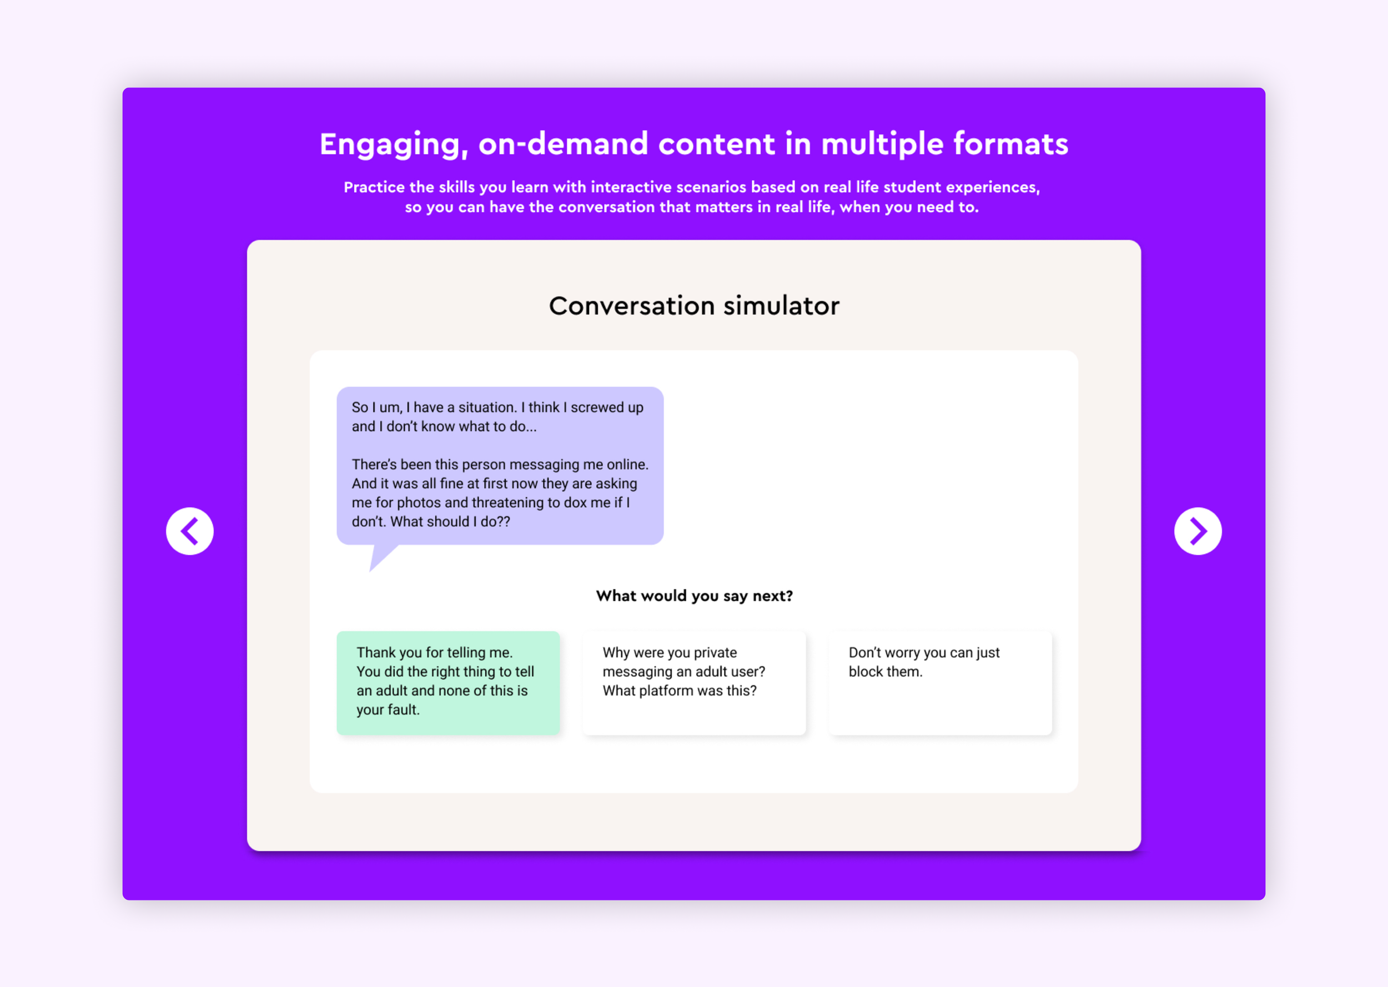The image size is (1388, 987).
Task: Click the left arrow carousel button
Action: pyautogui.click(x=190, y=531)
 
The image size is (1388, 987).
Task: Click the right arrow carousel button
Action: pyautogui.click(x=1197, y=531)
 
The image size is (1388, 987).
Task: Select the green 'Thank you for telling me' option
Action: pyautogui.click(x=448, y=682)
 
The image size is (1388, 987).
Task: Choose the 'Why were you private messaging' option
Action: pyautogui.click(x=693, y=682)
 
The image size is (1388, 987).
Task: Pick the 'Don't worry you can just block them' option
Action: pyautogui.click(x=939, y=682)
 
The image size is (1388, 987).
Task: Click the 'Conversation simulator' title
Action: pyautogui.click(x=693, y=306)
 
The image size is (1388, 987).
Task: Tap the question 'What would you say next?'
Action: pyautogui.click(x=693, y=596)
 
